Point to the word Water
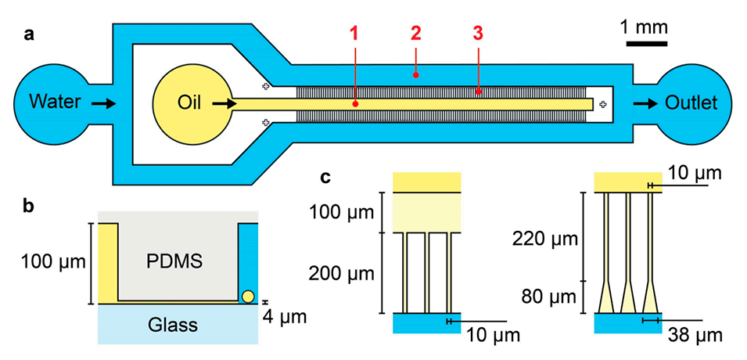point(56,103)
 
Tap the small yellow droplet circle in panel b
point(248,296)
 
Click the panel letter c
point(327,177)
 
